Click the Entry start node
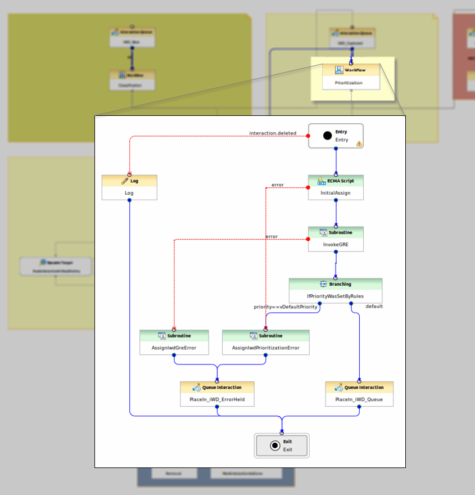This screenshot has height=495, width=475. pyautogui.click(x=336, y=136)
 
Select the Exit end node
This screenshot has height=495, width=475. pyautogui.click(x=282, y=446)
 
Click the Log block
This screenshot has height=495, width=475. pyautogui.click(x=129, y=187)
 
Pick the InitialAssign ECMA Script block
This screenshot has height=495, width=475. pyautogui.click(x=336, y=187)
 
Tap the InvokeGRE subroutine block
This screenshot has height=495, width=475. pyautogui.click(x=336, y=239)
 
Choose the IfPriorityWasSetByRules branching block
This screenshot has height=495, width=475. pyautogui.click(x=336, y=290)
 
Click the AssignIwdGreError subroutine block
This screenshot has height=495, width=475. pyautogui.click(x=174, y=342)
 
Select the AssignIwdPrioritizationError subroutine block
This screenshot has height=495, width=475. pyautogui.click(x=265, y=342)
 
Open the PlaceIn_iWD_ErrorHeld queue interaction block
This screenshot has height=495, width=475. pyautogui.click(x=217, y=394)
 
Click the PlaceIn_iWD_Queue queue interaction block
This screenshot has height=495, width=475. pyautogui.click(x=359, y=394)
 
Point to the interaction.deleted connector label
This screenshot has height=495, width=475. pyautogui.click(x=273, y=133)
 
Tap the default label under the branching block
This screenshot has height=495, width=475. pyautogui.click(x=374, y=307)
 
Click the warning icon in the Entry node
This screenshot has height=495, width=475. pyautogui.click(x=359, y=144)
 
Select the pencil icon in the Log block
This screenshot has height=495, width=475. pyautogui.click(x=125, y=181)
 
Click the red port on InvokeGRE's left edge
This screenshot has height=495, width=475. pyautogui.click(x=308, y=240)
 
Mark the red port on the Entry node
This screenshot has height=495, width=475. pyautogui.click(x=308, y=136)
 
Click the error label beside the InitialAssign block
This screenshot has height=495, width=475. pyautogui.click(x=277, y=184)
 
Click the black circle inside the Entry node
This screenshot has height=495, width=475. pyautogui.click(x=327, y=136)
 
